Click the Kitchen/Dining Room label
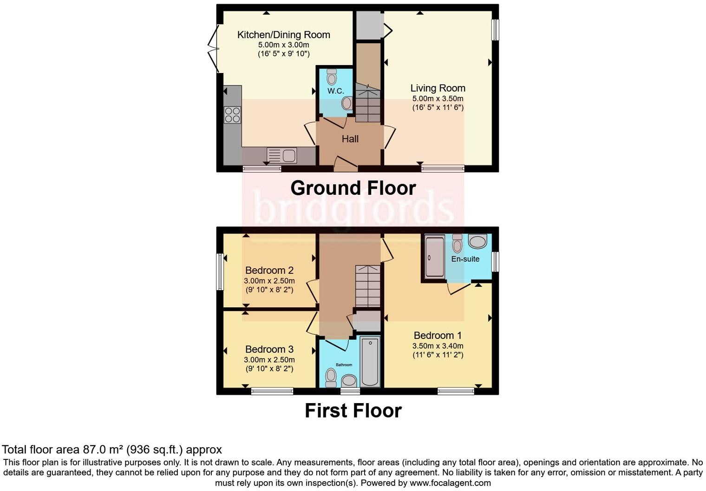point(283,35)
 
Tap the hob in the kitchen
point(232,115)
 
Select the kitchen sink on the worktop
point(282,155)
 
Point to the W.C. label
point(335,91)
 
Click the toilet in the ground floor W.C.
point(332,77)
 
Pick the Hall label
point(350,139)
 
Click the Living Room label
point(438,88)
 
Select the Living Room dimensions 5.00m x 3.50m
point(438,99)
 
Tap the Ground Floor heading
point(353,188)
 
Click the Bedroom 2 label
point(269,271)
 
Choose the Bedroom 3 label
point(269,350)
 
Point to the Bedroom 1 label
point(438,336)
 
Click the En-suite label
point(465,259)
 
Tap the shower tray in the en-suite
point(435,257)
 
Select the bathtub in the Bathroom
point(370,362)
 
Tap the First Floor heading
point(353,411)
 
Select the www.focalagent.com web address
point(450,483)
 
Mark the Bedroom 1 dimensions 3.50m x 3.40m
point(438,346)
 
